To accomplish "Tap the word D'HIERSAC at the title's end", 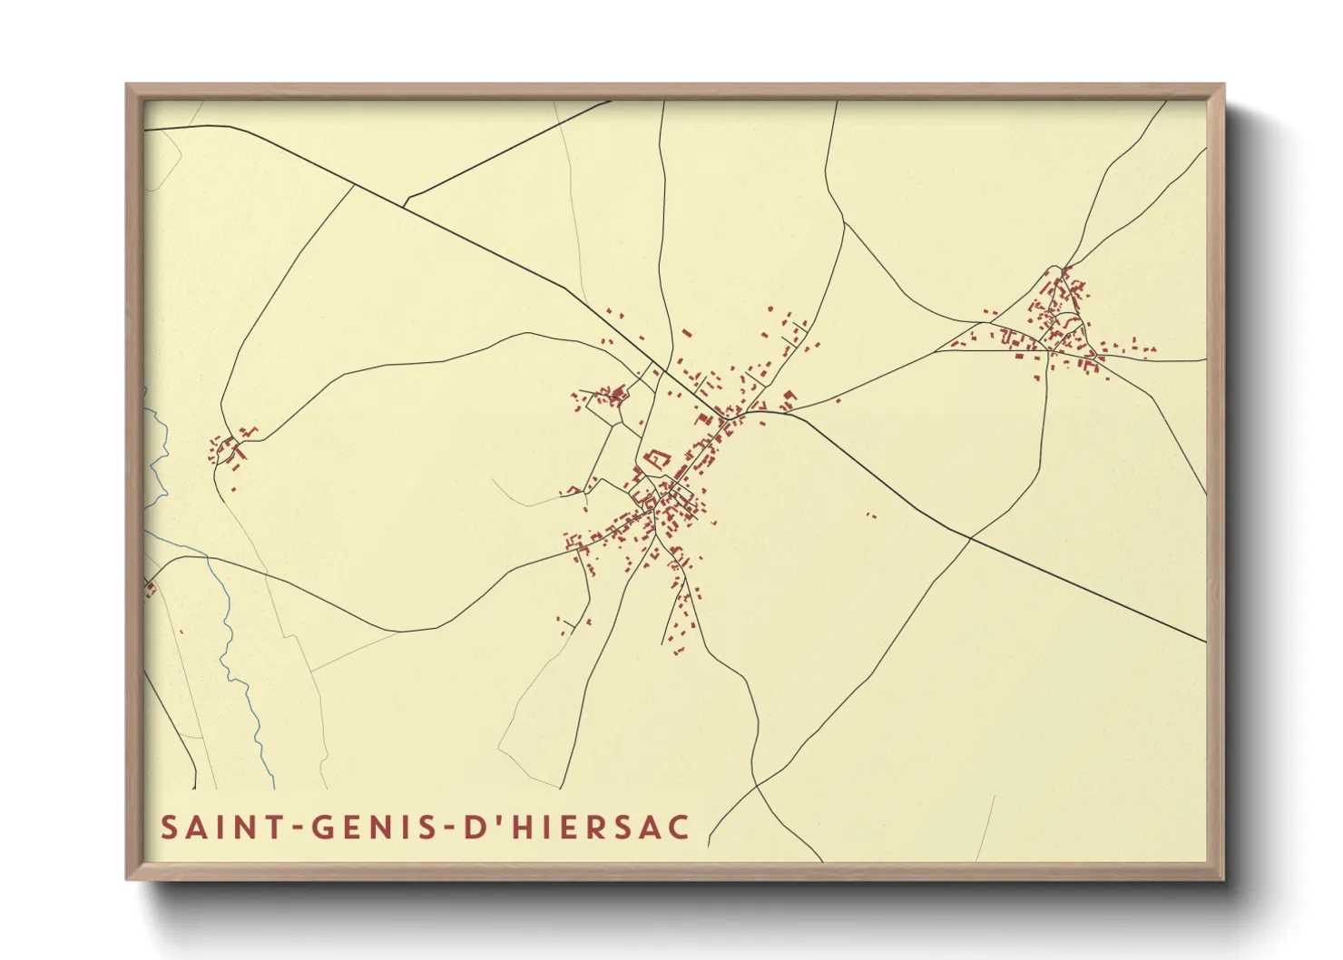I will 577,828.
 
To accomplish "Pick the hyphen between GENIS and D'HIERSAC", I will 448,828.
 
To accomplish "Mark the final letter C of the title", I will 681,828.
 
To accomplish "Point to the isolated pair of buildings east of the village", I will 870,515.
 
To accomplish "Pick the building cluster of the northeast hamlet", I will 1057,322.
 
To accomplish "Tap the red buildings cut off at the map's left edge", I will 150,590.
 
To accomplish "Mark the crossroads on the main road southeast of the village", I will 969,539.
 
